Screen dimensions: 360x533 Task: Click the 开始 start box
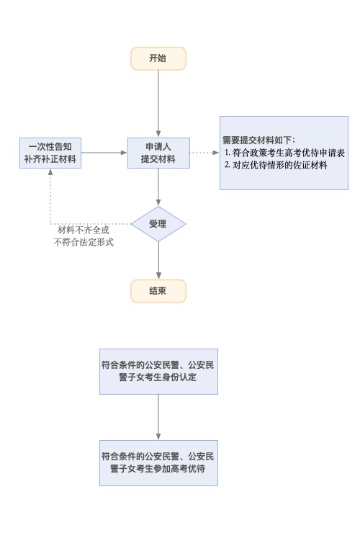pos(158,58)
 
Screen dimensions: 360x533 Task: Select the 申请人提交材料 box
pos(158,153)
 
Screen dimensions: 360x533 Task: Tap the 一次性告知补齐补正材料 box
pos(50,153)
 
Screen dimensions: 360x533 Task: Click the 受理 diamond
pos(158,224)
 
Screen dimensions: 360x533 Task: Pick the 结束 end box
pos(158,291)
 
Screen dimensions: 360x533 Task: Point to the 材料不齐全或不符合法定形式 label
pos(84,236)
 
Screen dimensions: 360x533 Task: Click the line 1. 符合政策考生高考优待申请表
pos(284,153)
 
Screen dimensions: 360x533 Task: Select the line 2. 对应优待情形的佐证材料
pos(276,165)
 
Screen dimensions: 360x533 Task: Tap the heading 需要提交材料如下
pos(259,140)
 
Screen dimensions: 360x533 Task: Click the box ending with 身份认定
pos(158,372)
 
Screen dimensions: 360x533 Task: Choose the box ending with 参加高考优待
pos(158,463)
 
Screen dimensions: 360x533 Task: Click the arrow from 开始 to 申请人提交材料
pos(158,104)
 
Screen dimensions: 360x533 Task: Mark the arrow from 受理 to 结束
pos(158,261)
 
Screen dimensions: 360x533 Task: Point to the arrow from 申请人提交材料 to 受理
pos(158,187)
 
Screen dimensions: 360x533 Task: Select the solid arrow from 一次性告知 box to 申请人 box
pos(104,153)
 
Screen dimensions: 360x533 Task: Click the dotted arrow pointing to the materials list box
pos(204,153)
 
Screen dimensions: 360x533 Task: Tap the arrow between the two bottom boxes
pos(158,418)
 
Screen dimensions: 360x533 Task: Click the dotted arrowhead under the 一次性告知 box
pos(50,171)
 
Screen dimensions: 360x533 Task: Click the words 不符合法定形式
pos(84,242)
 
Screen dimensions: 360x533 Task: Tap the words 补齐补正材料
pos(50,158)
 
